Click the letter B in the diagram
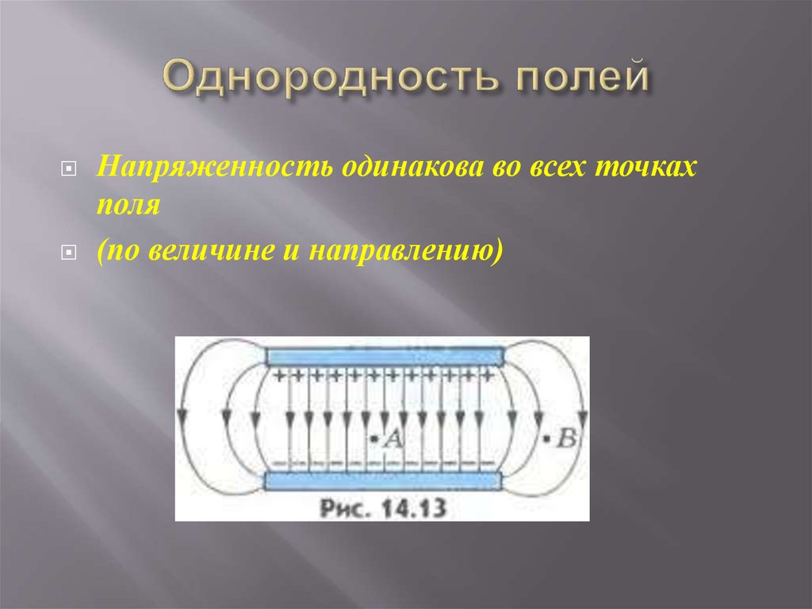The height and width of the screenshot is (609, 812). [x=566, y=437]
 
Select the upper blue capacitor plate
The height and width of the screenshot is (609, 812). [x=384, y=355]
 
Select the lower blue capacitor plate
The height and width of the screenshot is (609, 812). [x=384, y=480]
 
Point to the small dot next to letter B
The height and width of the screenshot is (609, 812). [x=546, y=437]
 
